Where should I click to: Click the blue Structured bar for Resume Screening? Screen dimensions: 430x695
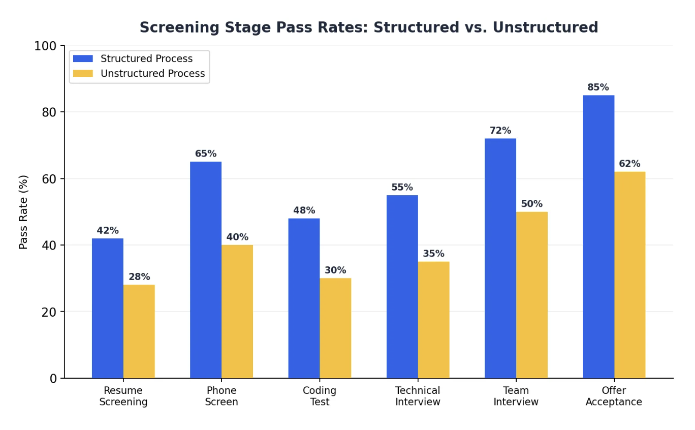tap(107, 308)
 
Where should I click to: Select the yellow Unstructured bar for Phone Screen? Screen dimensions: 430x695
tap(237, 311)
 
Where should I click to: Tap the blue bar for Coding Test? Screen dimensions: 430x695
tap(304, 298)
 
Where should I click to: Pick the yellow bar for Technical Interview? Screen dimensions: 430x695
tap(433, 320)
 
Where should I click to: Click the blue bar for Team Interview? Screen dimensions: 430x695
tap(500, 258)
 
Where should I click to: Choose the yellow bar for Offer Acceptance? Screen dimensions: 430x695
tap(629, 274)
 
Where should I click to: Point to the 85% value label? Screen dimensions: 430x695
tap(598, 87)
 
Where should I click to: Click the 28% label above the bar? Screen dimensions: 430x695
tap(139, 277)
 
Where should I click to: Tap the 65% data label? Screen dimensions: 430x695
tap(206, 154)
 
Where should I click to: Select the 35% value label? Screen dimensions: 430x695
tap(433, 254)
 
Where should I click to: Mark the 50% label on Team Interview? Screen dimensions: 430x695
tap(531, 204)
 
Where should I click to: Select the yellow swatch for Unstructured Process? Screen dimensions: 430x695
tap(83, 74)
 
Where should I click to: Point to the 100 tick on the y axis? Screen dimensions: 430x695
tap(45, 46)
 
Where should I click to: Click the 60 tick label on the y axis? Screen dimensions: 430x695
tap(49, 179)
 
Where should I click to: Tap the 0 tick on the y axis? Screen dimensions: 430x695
tap(53, 379)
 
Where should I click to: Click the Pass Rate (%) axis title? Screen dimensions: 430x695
tap(24, 212)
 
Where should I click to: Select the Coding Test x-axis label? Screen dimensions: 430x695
tap(320, 396)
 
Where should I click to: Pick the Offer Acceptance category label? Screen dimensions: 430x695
tap(614, 396)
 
